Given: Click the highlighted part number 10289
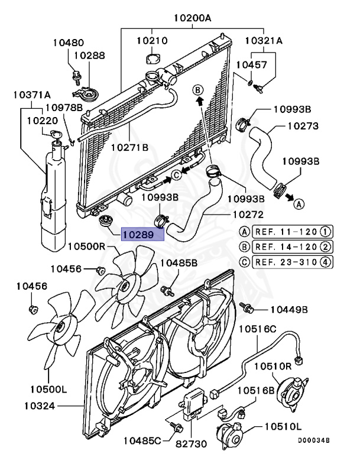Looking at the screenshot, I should point(140,235).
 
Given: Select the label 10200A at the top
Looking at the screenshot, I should point(192,18).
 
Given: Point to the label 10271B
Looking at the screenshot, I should point(130,148).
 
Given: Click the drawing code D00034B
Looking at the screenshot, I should point(313,441).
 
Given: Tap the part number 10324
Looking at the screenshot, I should point(43,406).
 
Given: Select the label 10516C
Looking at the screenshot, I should point(257,328).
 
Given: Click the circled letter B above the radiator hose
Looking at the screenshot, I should point(199,89).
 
